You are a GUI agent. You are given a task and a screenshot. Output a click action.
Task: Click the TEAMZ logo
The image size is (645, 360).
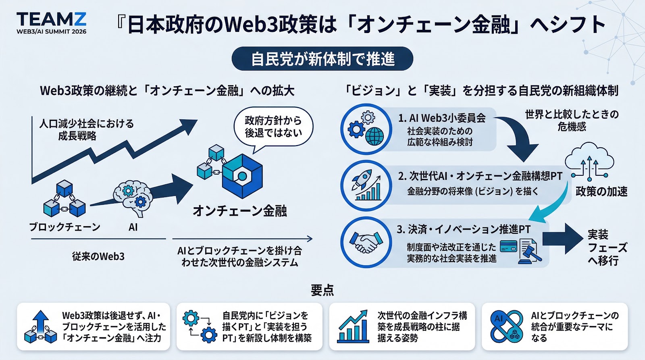coord(51,23)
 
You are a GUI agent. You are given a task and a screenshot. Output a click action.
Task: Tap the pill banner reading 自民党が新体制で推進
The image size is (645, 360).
coord(322,59)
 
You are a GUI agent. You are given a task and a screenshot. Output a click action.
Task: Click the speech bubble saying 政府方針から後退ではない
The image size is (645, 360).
coord(273,127)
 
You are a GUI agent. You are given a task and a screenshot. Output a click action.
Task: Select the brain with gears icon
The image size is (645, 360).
coord(133,198)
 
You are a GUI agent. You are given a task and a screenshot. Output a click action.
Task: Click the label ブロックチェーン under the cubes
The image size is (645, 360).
coord(64,227)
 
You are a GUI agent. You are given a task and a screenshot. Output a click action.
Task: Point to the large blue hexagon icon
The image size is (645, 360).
coord(242,176)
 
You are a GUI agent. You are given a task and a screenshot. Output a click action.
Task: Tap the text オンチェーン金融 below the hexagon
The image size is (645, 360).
coord(239,210)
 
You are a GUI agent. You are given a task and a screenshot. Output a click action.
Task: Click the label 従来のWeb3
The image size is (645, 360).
coord(98,256)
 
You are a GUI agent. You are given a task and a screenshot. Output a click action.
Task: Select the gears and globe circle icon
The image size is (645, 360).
coord(366,129)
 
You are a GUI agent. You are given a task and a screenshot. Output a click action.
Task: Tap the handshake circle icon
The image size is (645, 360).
coord(366,242)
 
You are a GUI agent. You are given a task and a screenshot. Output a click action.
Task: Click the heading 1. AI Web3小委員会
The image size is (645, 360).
coord(442,118)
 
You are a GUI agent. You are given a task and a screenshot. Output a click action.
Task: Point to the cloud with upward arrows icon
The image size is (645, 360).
coord(589,161)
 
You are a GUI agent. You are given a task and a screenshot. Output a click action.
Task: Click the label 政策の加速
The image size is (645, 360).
coord(601,191)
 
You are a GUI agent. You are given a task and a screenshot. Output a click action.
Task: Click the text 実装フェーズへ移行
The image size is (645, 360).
coord(607,247)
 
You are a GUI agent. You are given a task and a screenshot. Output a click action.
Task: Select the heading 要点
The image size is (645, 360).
coord(322,290)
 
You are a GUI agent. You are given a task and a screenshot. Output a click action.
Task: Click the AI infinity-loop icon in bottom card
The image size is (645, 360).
coord(506,327)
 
